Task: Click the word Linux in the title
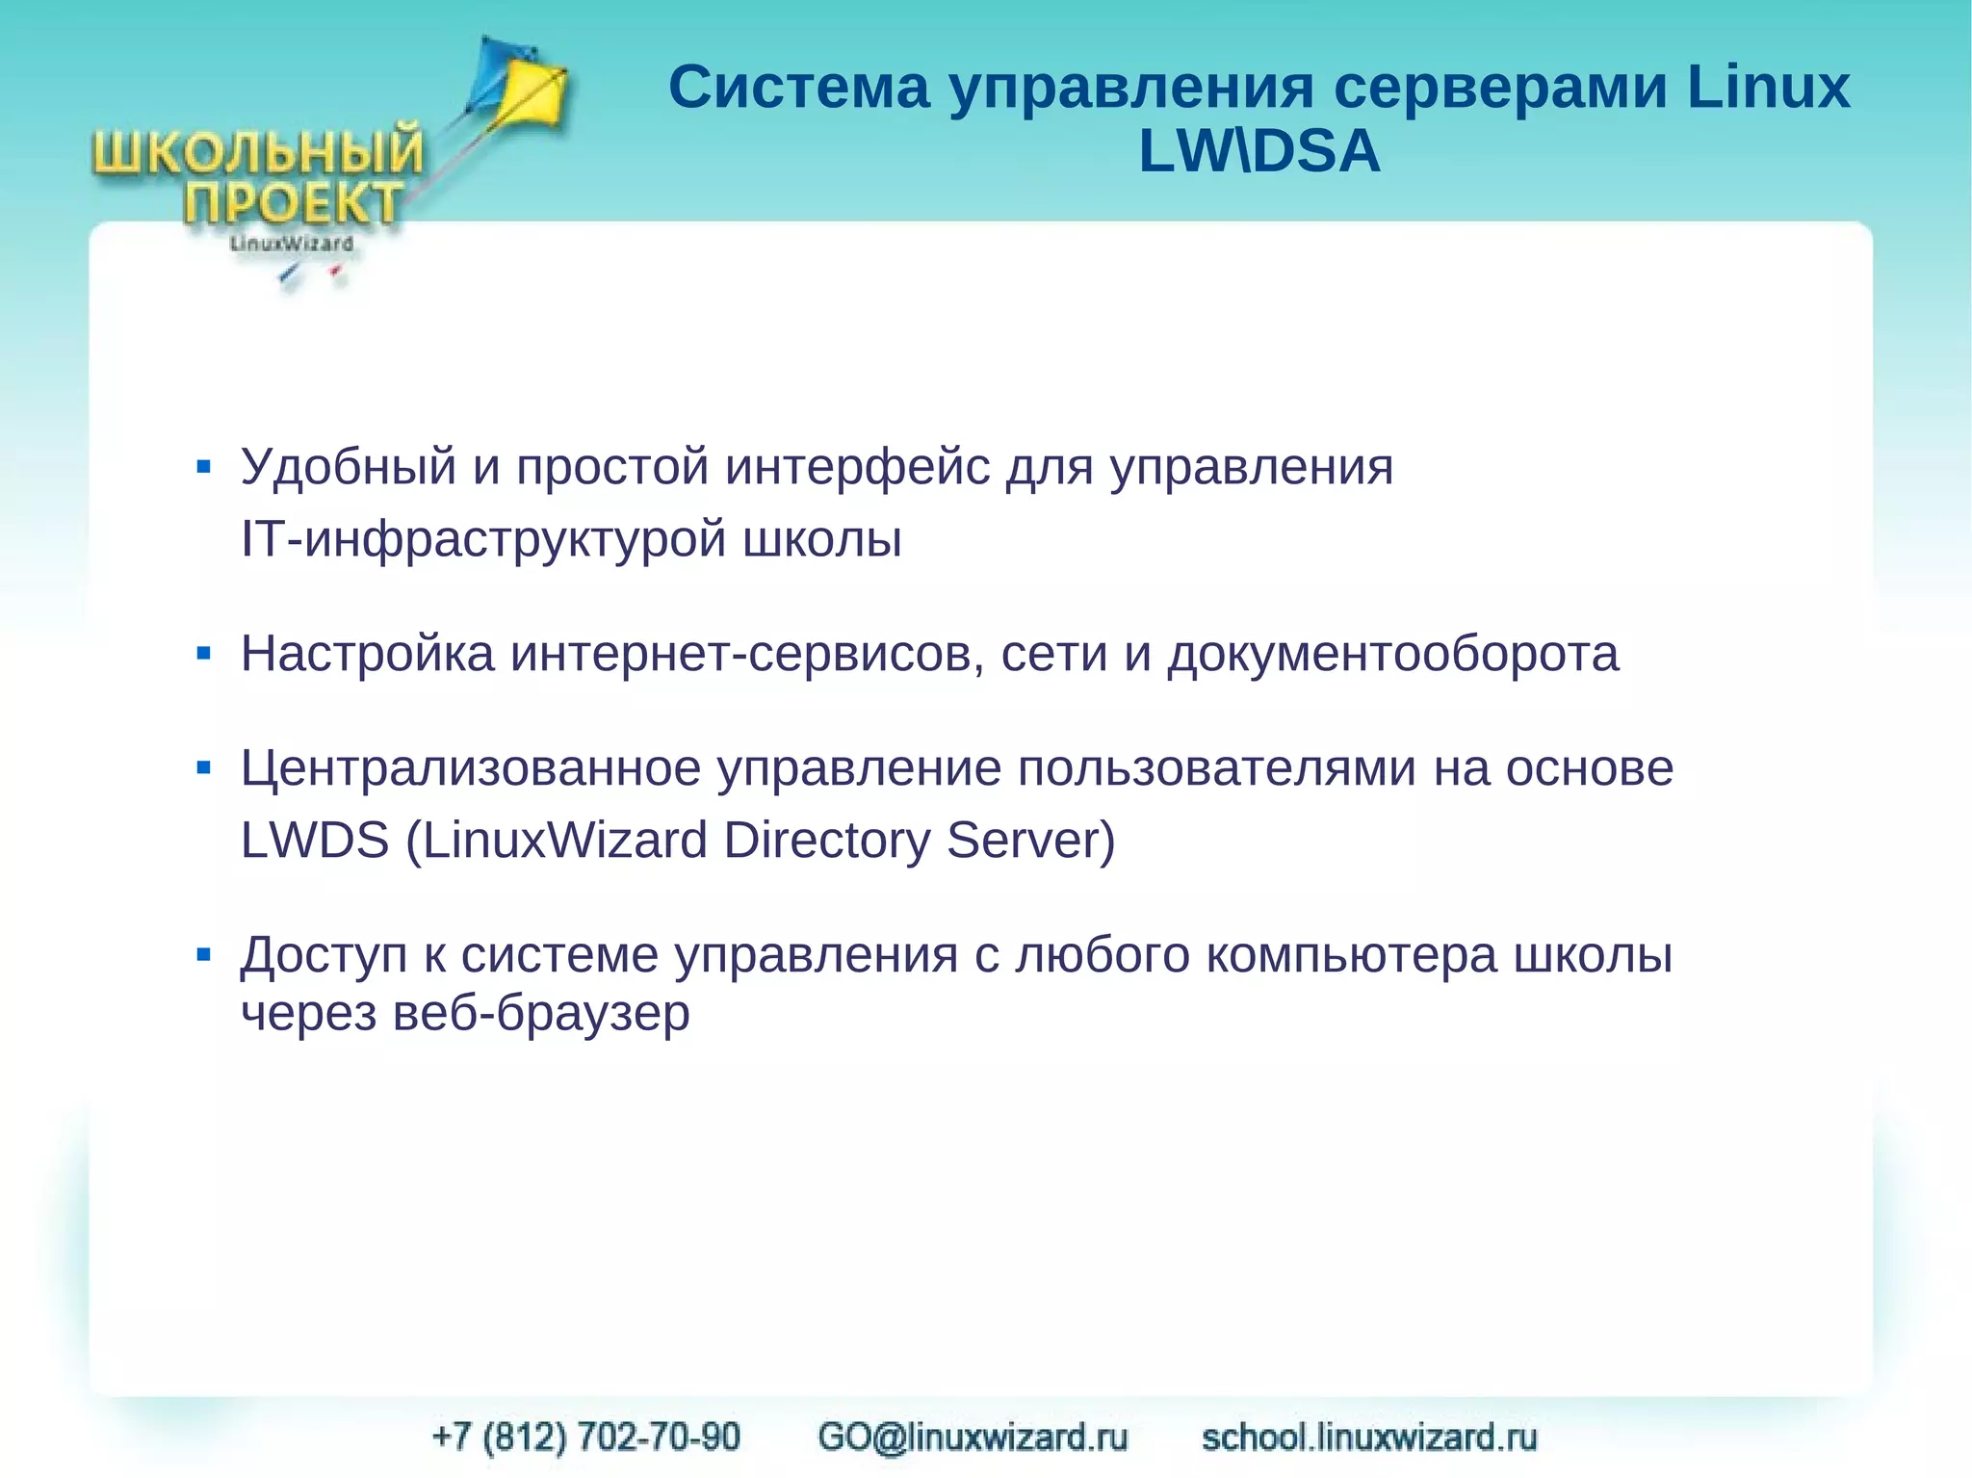[1768, 88]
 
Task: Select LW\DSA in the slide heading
[1258, 152]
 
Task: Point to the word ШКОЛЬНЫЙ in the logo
[258, 153]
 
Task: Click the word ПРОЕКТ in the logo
[293, 203]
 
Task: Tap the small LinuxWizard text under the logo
[291, 245]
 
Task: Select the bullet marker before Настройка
[203, 655]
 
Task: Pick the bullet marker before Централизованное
[203, 768]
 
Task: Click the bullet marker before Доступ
[203, 955]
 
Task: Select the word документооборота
[1392, 655]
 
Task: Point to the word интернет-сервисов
[747, 655]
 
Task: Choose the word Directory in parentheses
[826, 841]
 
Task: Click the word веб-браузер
[541, 1014]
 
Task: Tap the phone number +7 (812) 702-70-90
[586, 1437]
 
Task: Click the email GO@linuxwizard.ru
[973, 1437]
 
